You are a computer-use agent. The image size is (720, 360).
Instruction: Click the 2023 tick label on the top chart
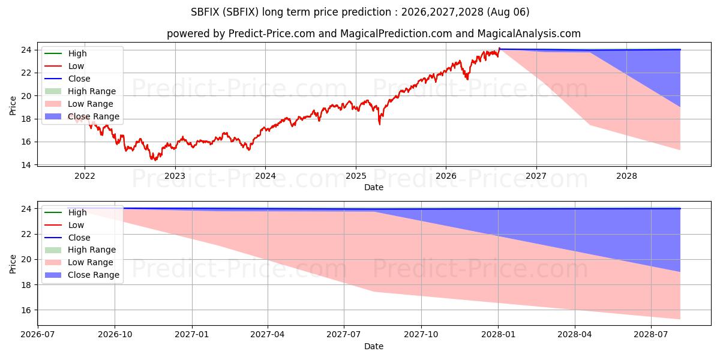(175, 176)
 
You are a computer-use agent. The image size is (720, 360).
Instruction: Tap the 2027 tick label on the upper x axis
(536, 176)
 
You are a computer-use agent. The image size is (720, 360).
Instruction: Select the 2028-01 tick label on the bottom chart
(498, 335)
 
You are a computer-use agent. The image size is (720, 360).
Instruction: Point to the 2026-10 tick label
(115, 335)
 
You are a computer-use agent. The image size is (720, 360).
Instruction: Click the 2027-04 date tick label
(268, 335)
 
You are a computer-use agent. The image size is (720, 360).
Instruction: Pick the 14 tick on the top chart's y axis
(26, 165)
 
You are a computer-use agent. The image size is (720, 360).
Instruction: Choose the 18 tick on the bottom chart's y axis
(26, 285)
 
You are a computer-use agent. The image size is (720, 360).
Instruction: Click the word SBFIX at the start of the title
(205, 12)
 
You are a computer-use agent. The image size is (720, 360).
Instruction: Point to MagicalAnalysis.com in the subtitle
(529, 34)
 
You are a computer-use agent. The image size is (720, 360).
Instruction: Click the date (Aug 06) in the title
(508, 12)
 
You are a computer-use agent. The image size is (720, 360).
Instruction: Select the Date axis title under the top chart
(373, 187)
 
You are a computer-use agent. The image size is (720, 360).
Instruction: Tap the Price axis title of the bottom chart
(13, 264)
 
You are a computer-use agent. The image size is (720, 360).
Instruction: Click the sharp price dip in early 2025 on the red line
(380, 124)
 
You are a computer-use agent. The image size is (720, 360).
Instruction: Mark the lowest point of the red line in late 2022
(155, 160)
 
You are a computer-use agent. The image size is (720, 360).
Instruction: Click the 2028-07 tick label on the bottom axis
(651, 335)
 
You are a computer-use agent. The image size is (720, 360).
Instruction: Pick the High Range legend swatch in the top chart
(53, 91)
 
